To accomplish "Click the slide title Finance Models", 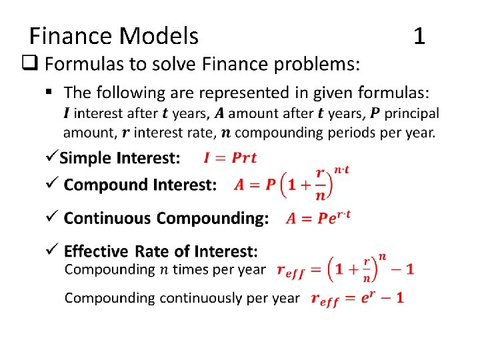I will pyautogui.click(x=114, y=36).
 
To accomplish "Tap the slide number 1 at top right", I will pyautogui.click(x=419, y=36).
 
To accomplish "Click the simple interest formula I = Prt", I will pyautogui.click(x=230, y=158).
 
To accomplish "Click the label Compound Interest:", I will pyautogui.click(x=141, y=185).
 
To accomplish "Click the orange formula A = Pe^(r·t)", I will pyautogui.click(x=318, y=217).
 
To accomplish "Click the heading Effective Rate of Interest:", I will pyautogui.click(x=161, y=251).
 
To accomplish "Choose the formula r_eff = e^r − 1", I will pyautogui.click(x=357, y=298).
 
